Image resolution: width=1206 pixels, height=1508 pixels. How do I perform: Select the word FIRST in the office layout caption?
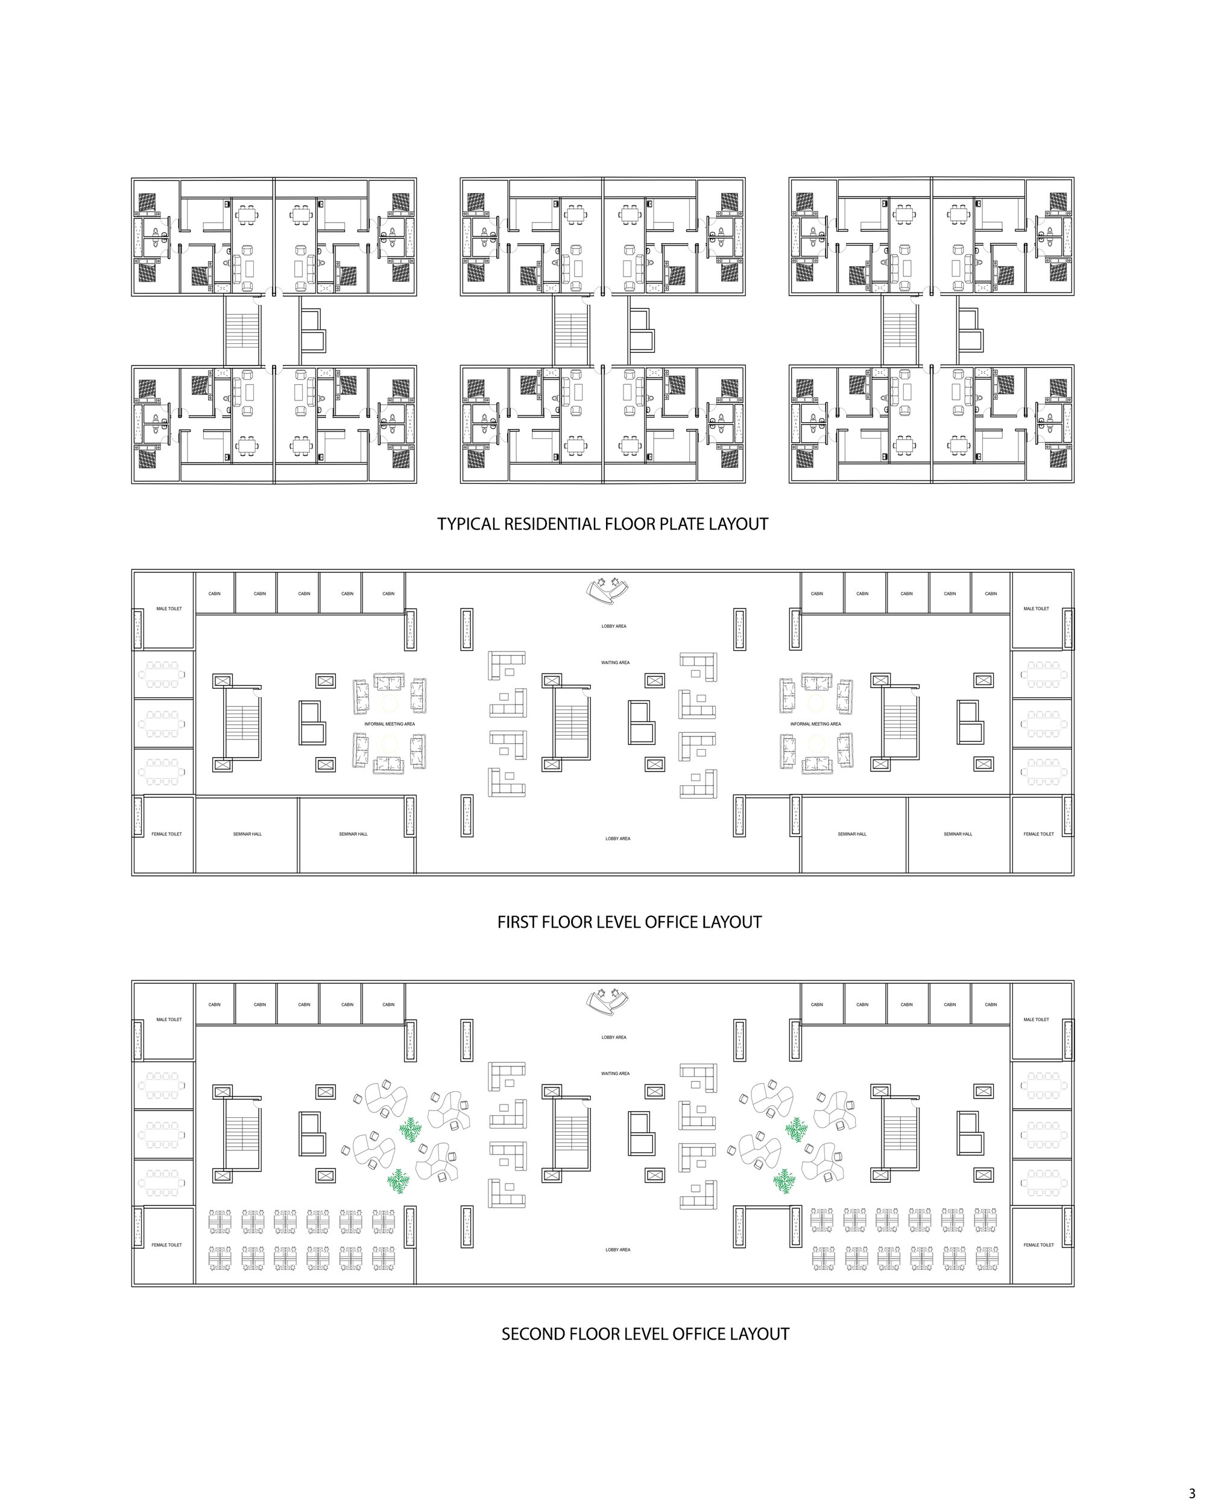[517, 922]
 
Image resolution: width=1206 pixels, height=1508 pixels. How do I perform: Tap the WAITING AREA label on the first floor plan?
[615, 662]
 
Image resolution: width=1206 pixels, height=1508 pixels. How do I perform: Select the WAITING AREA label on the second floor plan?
[615, 1073]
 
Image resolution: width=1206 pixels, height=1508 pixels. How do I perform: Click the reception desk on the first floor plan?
[607, 590]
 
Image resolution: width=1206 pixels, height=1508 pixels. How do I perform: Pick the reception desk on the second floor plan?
[607, 1001]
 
